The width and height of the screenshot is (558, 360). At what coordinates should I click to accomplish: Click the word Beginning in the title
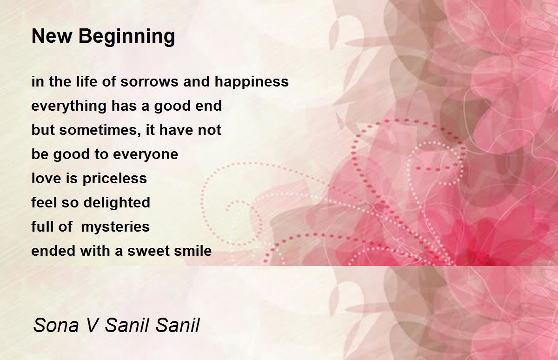pos(127,37)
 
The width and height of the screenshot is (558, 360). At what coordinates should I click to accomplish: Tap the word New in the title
pos(52,36)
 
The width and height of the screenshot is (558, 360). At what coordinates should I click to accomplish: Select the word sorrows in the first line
pos(150,82)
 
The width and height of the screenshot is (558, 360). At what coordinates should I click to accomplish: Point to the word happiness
pos(252,82)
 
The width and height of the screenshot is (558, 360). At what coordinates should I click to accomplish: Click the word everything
pos(69,106)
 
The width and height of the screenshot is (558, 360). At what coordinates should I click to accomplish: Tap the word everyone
pos(146,155)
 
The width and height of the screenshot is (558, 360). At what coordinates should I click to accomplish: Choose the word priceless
pos(114,179)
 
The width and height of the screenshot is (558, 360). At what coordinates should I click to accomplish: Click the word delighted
pos(117,202)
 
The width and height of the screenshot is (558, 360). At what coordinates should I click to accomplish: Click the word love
pos(46,179)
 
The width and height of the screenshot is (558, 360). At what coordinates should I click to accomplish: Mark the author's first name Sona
pos(56,325)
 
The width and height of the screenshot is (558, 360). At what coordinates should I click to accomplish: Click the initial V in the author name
pos(93,325)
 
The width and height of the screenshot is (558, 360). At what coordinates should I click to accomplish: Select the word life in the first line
pos(86,81)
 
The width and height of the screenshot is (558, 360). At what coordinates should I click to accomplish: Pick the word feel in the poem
pos(44,202)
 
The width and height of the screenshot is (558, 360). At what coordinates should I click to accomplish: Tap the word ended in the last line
pos(53,251)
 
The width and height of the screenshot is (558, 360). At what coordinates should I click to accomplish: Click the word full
pos(41,227)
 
